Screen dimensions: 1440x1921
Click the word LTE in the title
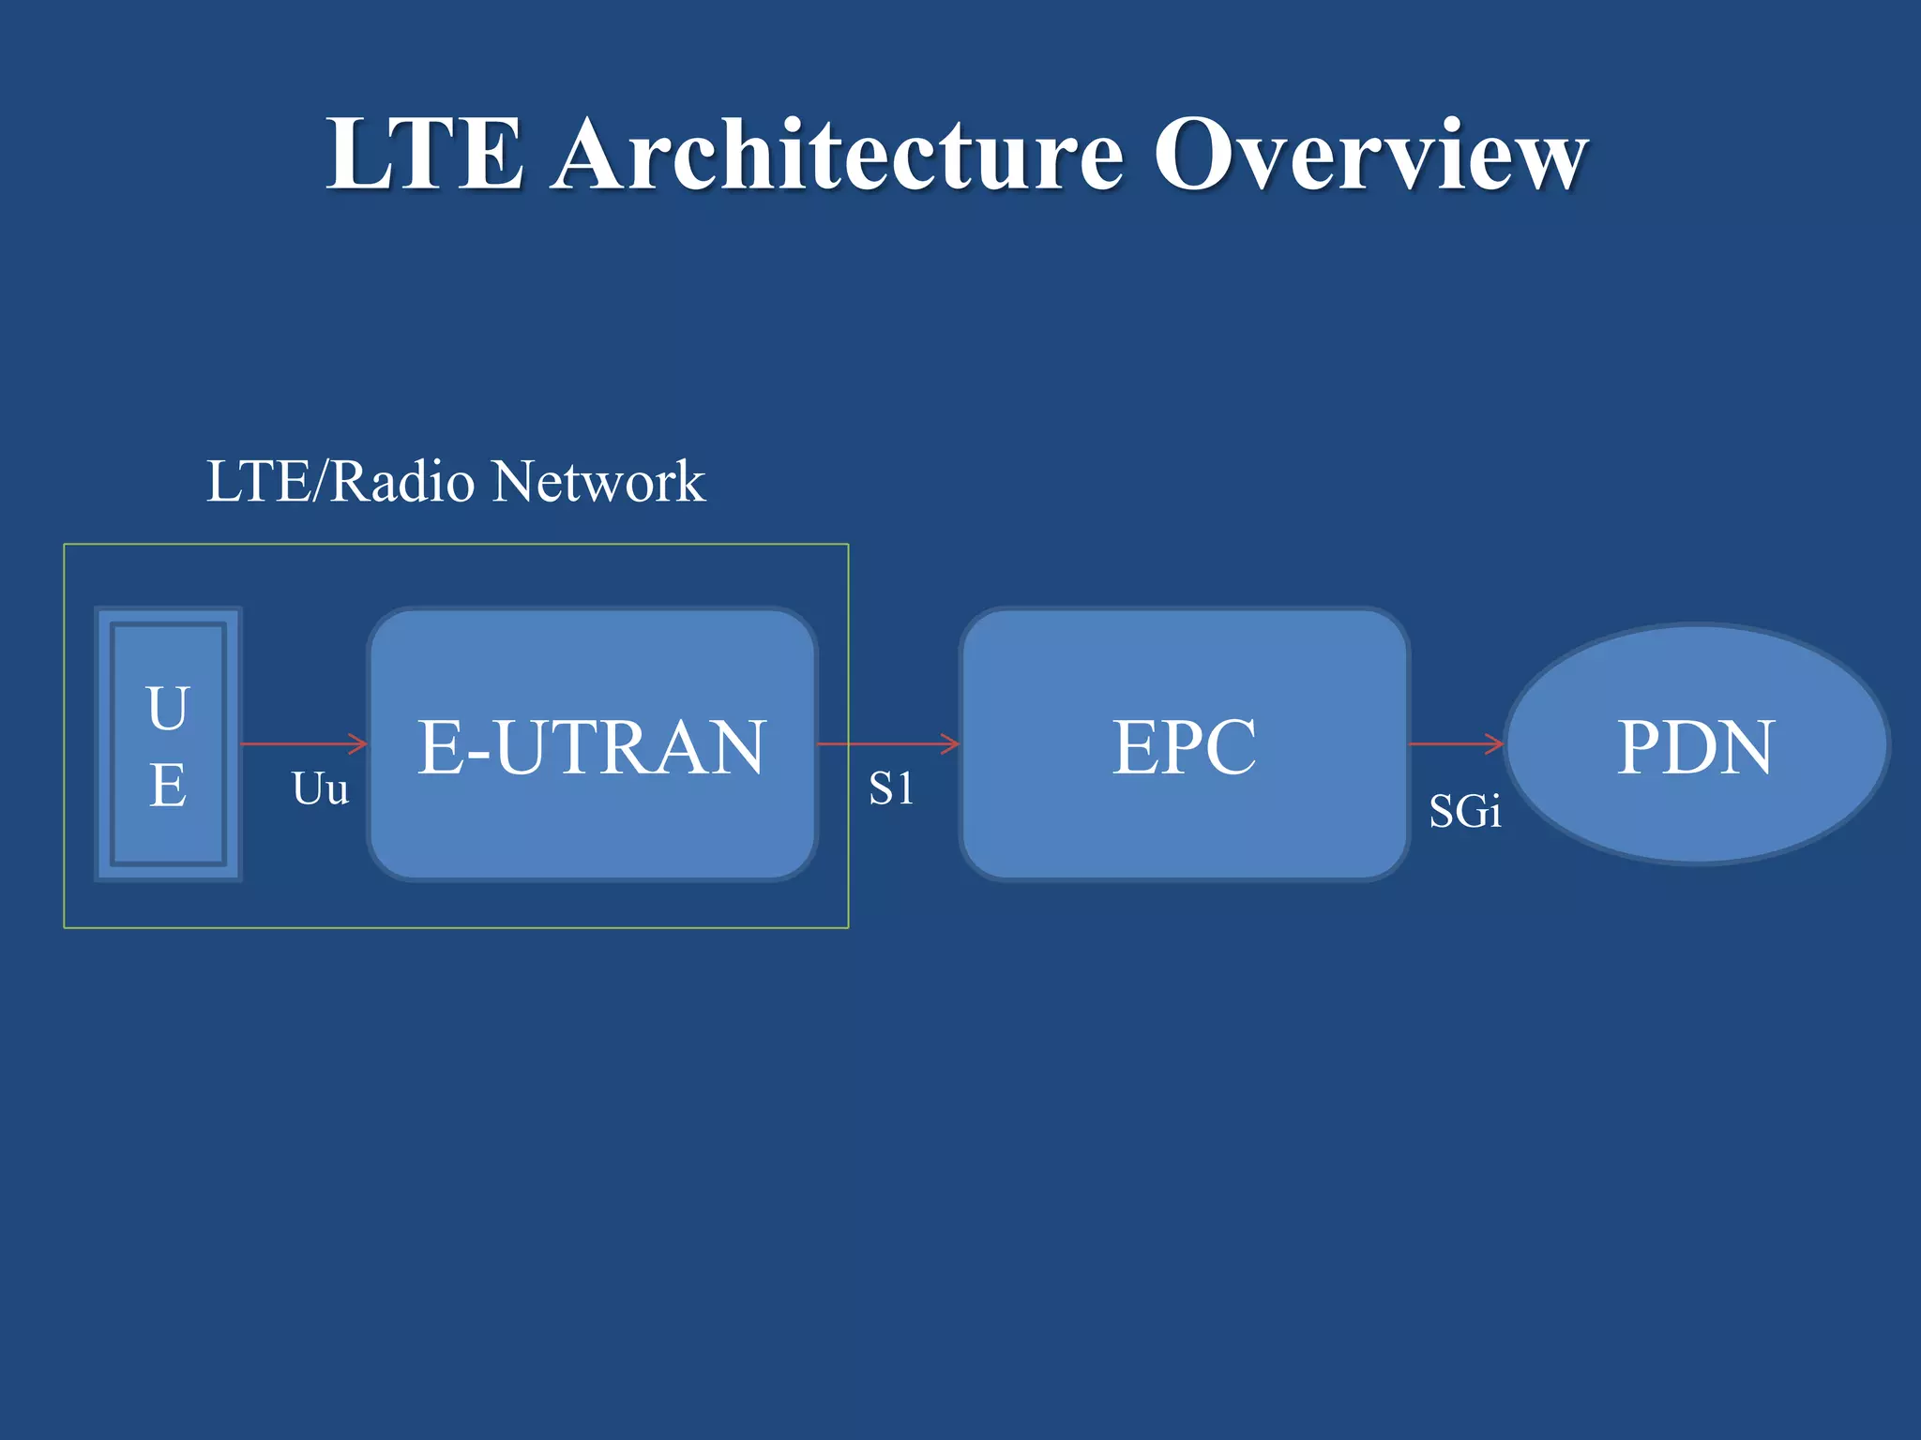424,155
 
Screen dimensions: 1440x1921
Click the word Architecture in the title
837,155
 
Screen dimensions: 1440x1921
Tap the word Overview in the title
1369,155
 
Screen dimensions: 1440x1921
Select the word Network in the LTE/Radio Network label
598,482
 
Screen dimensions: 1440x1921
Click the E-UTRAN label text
592,747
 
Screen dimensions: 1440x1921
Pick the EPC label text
1184,747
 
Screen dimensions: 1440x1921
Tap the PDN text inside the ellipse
1696,747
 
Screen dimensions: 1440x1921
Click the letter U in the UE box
168,709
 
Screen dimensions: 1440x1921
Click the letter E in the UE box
168,786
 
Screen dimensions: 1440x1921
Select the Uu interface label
320,789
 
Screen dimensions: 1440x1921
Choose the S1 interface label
890,789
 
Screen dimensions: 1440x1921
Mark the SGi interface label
1464,812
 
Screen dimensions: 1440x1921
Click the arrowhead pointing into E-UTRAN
359,744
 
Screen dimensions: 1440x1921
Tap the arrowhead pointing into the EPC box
951,744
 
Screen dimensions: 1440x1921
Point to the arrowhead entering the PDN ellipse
1496,744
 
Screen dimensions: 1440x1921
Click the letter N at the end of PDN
1745,747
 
